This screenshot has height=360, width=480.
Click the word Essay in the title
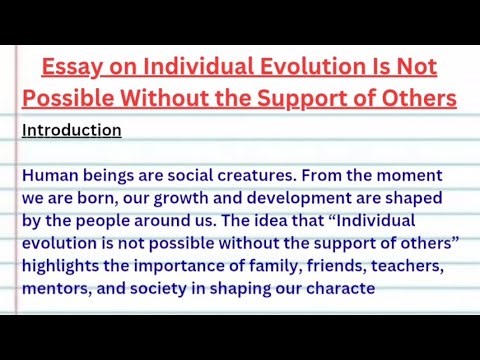click(70, 67)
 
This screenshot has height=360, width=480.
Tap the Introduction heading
click(71, 130)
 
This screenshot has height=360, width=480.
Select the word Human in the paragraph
click(49, 175)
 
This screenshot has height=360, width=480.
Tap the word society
click(165, 289)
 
